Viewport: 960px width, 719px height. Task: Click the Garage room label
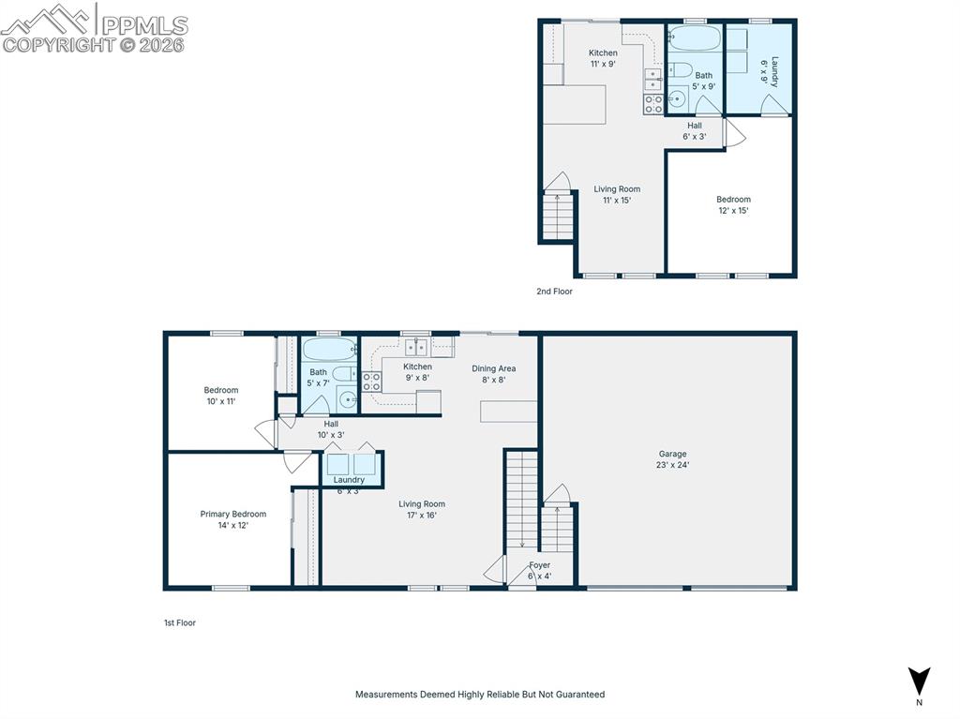click(x=672, y=454)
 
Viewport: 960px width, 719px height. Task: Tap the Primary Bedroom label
click(x=233, y=514)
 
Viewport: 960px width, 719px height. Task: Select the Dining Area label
click(x=493, y=368)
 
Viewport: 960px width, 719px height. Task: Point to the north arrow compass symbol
click(x=919, y=681)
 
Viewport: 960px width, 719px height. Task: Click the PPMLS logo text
click(x=144, y=25)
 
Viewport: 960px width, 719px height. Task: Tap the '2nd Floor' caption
click(x=554, y=292)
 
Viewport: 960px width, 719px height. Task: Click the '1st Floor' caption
click(x=179, y=622)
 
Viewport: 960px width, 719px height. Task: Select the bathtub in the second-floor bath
click(x=695, y=38)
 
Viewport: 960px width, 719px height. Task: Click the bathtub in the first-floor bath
click(x=329, y=350)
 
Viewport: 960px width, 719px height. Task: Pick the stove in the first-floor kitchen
click(x=371, y=382)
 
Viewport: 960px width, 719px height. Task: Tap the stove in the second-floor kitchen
click(x=653, y=104)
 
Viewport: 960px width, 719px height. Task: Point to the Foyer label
click(x=539, y=565)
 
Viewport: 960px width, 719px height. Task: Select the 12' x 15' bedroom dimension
click(x=733, y=211)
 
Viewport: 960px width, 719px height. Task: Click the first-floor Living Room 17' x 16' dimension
click(x=422, y=515)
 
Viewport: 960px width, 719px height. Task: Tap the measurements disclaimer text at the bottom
click(x=480, y=695)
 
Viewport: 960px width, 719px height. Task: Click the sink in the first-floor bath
click(x=348, y=400)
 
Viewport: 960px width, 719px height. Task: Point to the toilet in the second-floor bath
click(x=680, y=69)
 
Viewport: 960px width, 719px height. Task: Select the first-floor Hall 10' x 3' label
click(x=331, y=429)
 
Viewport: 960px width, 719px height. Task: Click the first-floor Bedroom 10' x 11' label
click(x=221, y=396)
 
